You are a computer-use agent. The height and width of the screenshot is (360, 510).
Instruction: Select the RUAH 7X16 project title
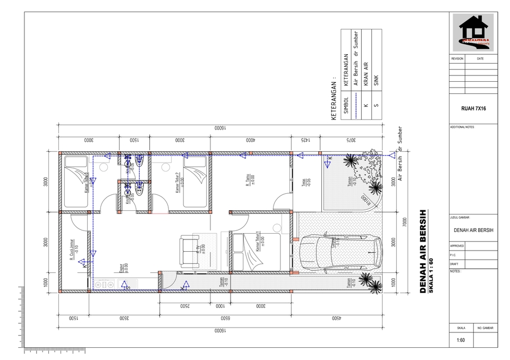coord(474,108)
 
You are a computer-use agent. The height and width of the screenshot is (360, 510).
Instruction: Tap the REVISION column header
coord(457,58)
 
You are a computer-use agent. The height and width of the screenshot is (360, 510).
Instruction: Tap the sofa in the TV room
coord(189,250)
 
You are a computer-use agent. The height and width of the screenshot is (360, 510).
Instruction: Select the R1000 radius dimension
coord(365,201)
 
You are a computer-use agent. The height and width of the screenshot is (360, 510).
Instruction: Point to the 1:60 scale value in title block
coord(461,341)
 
